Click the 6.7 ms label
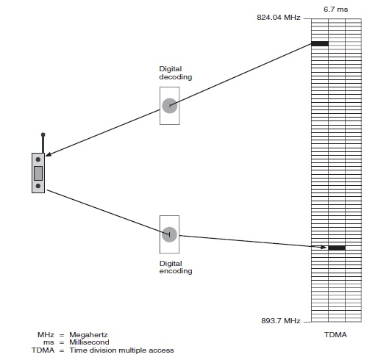(335, 10)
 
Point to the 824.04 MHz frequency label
(279, 18)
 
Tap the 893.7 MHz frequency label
(281, 320)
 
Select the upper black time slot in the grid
(320, 44)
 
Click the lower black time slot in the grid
(337, 248)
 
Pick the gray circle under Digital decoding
(170, 106)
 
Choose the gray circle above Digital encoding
(169, 234)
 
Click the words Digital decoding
(176, 73)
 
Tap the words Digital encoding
(176, 267)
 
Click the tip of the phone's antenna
(43, 134)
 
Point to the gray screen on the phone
(38, 173)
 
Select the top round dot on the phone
(38, 159)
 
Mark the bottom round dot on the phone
(38, 186)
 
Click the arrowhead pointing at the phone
(49, 154)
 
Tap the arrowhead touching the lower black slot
(324, 247)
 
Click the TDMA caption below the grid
(335, 335)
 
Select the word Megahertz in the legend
(88, 335)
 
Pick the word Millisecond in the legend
(89, 342)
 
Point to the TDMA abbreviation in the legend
(43, 350)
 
